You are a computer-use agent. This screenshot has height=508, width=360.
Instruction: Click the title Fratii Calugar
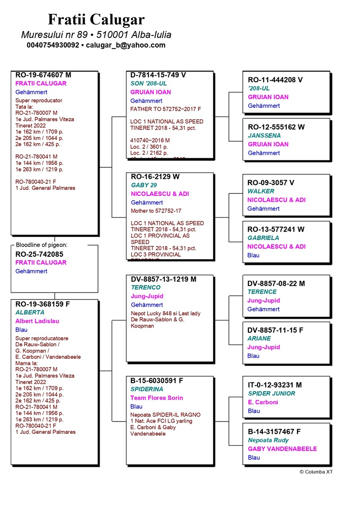tap(96, 19)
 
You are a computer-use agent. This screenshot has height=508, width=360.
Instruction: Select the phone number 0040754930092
tap(53, 45)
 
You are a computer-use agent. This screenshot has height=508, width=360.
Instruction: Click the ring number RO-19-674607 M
tap(43, 75)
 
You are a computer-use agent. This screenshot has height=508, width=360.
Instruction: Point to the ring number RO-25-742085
tap(39, 254)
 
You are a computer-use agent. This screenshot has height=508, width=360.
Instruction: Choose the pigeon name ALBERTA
tap(30, 312)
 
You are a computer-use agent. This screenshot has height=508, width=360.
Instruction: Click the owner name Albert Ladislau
tap(37, 321)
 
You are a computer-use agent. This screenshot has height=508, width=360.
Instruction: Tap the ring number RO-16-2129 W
tap(155, 177)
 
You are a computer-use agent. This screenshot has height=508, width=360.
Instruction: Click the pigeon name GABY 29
tap(144, 185)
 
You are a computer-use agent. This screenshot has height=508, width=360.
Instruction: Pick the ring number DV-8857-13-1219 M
tap(163, 279)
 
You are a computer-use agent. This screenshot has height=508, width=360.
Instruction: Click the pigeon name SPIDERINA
tap(147, 389)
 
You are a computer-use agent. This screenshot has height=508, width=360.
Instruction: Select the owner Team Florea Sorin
tap(157, 398)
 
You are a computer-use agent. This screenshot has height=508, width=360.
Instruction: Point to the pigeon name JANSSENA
tap(264, 135)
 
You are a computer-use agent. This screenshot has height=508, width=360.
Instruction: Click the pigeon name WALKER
tap(261, 191)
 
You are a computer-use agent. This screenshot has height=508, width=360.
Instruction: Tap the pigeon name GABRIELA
tap(263, 238)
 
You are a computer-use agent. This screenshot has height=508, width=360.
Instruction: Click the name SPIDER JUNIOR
tap(271, 393)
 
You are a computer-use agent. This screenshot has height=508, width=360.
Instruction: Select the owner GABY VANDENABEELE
tap(282, 449)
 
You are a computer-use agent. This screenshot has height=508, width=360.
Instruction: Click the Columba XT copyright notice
tap(316, 472)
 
